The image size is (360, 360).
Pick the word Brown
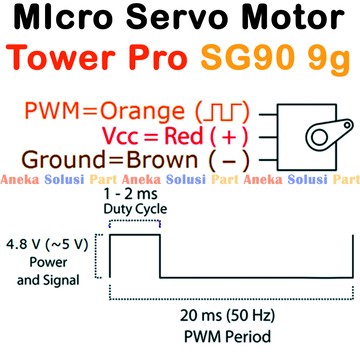pyautogui.click(x=162, y=160)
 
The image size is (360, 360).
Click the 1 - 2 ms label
pyautogui.click(x=131, y=194)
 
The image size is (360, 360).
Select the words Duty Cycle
pyautogui.click(x=135, y=209)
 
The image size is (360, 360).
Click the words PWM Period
pyautogui.click(x=228, y=337)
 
